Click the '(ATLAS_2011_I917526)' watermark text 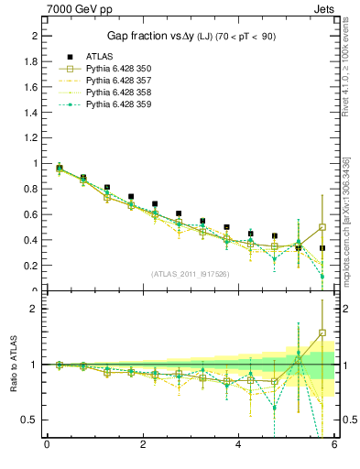coord(191,274)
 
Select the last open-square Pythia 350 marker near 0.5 coord(322,227)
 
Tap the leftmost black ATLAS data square coord(60,168)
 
